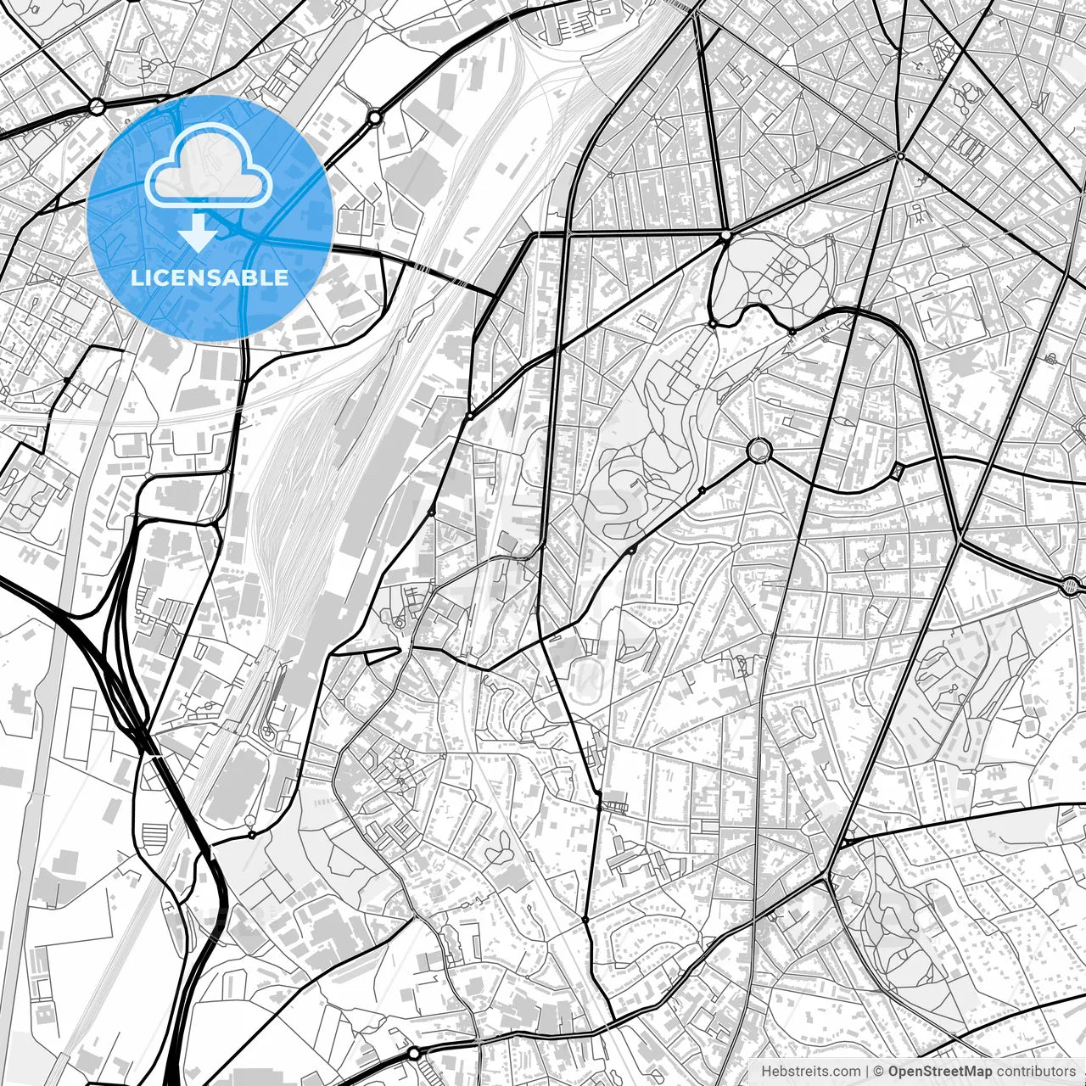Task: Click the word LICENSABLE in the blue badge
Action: point(209,277)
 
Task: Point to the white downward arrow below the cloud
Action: point(198,231)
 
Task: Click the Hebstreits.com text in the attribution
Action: point(810,1072)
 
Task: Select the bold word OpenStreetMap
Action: point(940,1072)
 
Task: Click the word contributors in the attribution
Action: point(1035,1072)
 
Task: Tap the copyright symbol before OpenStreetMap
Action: point(879,1072)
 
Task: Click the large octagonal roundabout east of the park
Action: point(758,450)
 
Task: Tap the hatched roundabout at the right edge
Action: point(1072,585)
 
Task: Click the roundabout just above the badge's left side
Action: point(97,106)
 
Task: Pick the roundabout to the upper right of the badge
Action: point(374,116)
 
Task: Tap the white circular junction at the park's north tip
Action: point(725,234)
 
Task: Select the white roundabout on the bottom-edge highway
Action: point(413,1053)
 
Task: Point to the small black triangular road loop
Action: point(382,654)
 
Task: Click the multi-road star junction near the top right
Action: point(900,156)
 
